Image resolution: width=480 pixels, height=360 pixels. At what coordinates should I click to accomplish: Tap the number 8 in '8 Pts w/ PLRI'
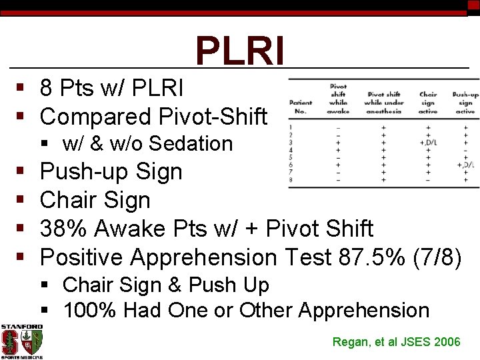tap(47, 88)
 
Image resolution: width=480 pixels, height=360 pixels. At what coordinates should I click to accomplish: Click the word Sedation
tap(191, 143)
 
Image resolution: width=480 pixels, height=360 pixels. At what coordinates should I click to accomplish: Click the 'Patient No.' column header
tap(301, 107)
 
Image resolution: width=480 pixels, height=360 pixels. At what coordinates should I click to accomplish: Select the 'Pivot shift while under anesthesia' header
tap(384, 103)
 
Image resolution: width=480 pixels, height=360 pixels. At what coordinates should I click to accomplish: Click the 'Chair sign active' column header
tap(427, 103)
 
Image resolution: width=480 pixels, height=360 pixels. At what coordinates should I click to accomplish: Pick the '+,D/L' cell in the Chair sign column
tap(427, 142)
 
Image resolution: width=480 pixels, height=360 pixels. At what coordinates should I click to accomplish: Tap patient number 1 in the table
tap(291, 127)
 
